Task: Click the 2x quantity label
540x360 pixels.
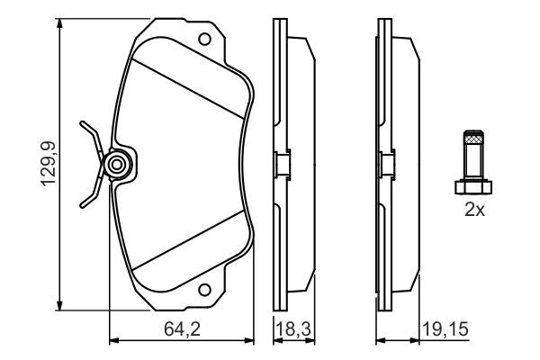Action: [x=474, y=211]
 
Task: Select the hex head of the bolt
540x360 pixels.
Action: [x=474, y=186]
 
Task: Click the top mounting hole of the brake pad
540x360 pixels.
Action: [x=205, y=40]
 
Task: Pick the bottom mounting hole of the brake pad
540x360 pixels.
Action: [x=205, y=290]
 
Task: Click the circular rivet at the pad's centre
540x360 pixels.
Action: [x=116, y=165]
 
